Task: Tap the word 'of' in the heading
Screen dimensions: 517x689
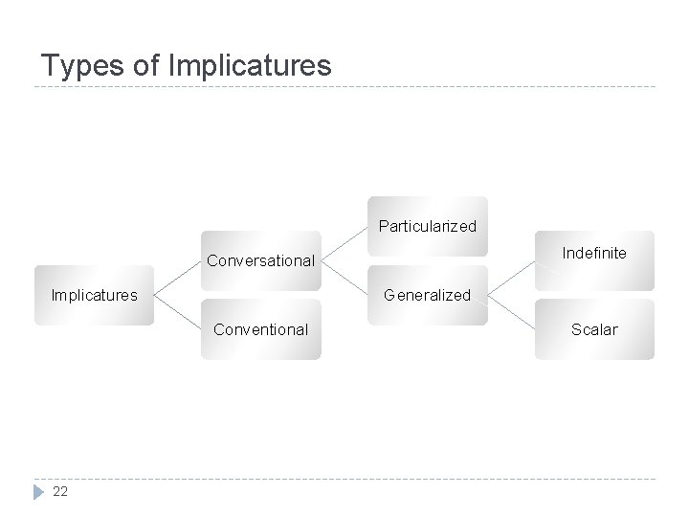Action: pyautogui.click(x=148, y=65)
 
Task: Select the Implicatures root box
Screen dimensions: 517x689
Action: pyautogui.click(x=94, y=295)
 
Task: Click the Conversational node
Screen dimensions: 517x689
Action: pyautogui.click(x=260, y=260)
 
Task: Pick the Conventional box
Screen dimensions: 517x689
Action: pyautogui.click(x=260, y=329)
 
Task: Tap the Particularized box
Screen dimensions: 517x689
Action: pyautogui.click(x=427, y=227)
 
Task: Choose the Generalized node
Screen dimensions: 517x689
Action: pyautogui.click(x=427, y=295)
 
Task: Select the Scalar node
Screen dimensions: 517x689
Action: pyautogui.click(x=594, y=329)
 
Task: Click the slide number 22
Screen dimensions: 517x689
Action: pyautogui.click(x=60, y=491)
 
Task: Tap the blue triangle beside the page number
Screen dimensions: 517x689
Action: pyautogui.click(x=38, y=491)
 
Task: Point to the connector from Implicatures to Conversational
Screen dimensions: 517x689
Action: pyautogui.click(x=176, y=278)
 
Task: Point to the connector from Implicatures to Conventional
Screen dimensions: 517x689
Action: pyautogui.click(x=176, y=312)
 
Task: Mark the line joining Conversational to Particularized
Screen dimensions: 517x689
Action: pyautogui.click(x=344, y=243)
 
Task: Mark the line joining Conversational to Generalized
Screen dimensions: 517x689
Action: pyautogui.click(x=344, y=278)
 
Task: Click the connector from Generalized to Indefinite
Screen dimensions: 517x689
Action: pyautogui.click(x=511, y=278)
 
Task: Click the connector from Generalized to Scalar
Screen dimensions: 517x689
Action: pyautogui.click(x=511, y=312)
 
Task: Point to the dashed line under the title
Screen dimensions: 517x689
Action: pyautogui.click(x=344, y=88)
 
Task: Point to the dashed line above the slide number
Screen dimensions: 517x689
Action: pyautogui.click(x=344, y=479)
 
